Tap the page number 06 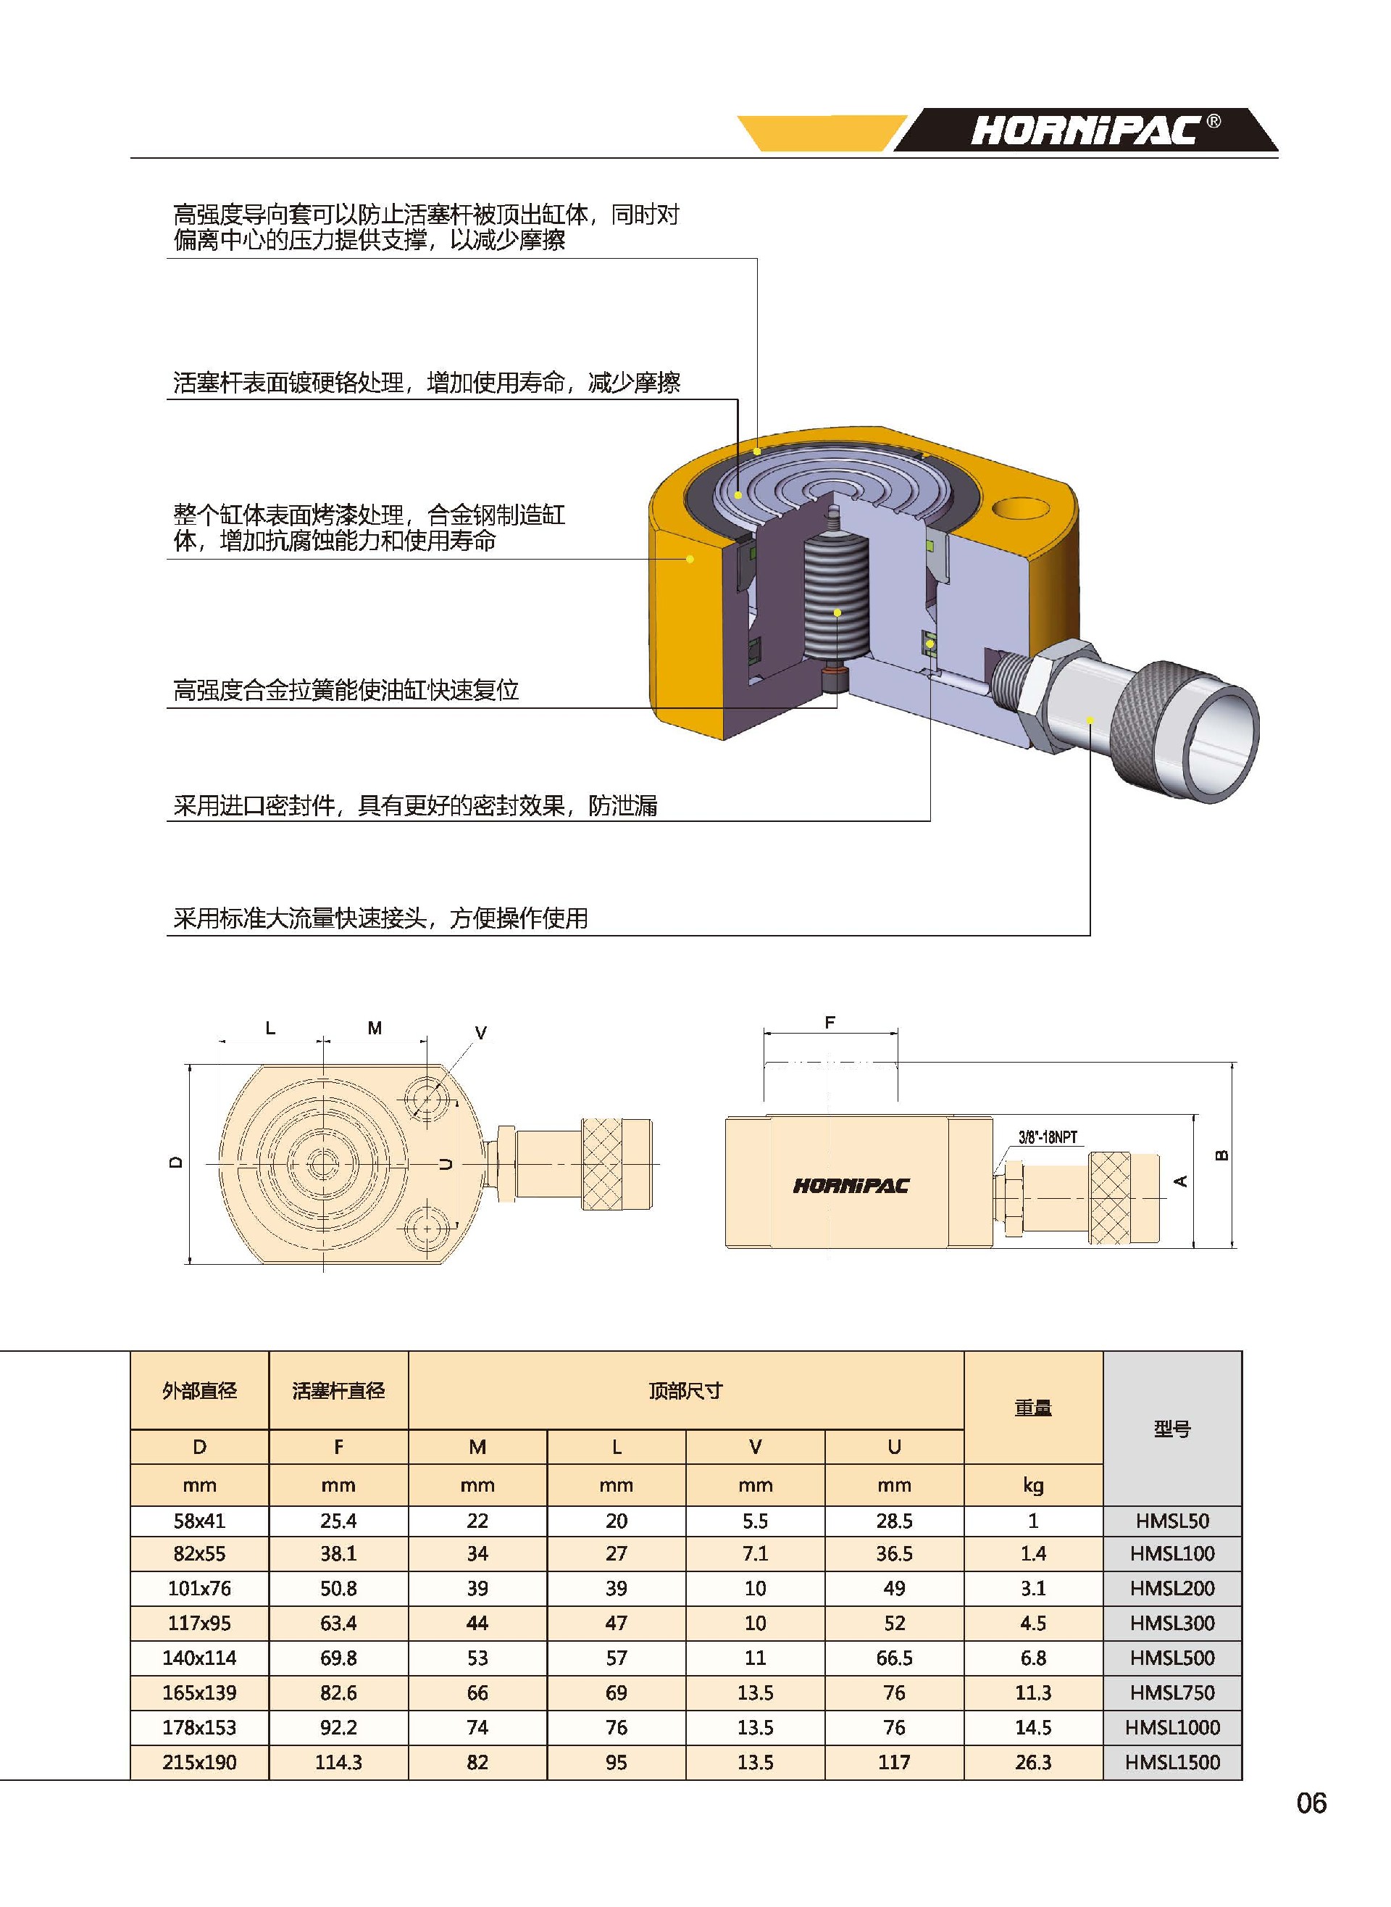pyautogui.click(x=1311, y=1803)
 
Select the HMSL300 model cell pyautogui.click(x=1172, y=1622)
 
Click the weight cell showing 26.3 pyautogui.click(x=1033, y=1762)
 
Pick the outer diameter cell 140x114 pyautogui.click(x=199, y=1658)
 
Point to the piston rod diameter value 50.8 pyautogui.click(x=338, y=1588)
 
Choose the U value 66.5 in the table pyautogui.click(x=894, y=1658)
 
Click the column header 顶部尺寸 pyautogui.click(x=685, y=1391)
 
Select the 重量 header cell pyautogui.click(x=1033, y=1407)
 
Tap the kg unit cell pyautogui.click(x=1033, y=1485)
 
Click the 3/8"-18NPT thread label pyautogui.click(x=1048, y=1137)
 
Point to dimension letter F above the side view pyautogui.click(x=830, y=1023)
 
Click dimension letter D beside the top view pyautogui.click(x=175, y=1163)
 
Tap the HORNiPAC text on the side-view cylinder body pyautogui.click(x=851, y=1186)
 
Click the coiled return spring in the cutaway pyautogui.click(x=836, y=598)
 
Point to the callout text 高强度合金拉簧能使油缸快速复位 pyautogui.click(x=346, y=691)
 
